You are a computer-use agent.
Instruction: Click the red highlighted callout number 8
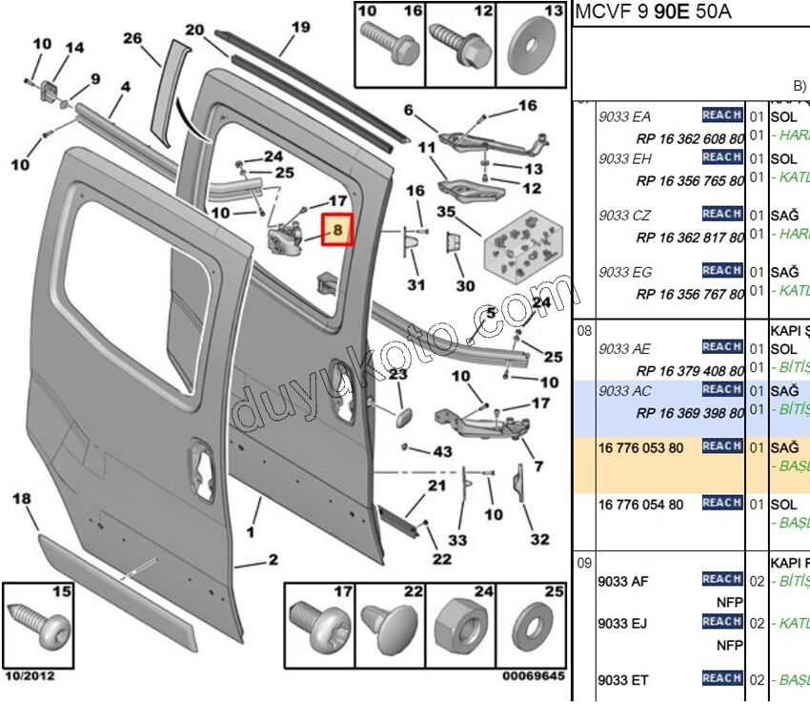336,230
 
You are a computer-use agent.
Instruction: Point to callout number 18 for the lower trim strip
22,499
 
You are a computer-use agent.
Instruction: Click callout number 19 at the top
301,28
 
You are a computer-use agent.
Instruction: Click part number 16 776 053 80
640,446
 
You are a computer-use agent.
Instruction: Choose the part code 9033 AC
625,390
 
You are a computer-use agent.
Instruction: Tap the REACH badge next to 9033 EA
722,115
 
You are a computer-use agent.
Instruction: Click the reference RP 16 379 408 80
690,370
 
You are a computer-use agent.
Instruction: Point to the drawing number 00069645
534,676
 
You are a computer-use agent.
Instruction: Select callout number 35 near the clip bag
446,212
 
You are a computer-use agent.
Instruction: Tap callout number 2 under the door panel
273,560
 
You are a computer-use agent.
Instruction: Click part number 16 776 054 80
640,504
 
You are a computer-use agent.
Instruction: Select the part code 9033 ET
624,680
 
